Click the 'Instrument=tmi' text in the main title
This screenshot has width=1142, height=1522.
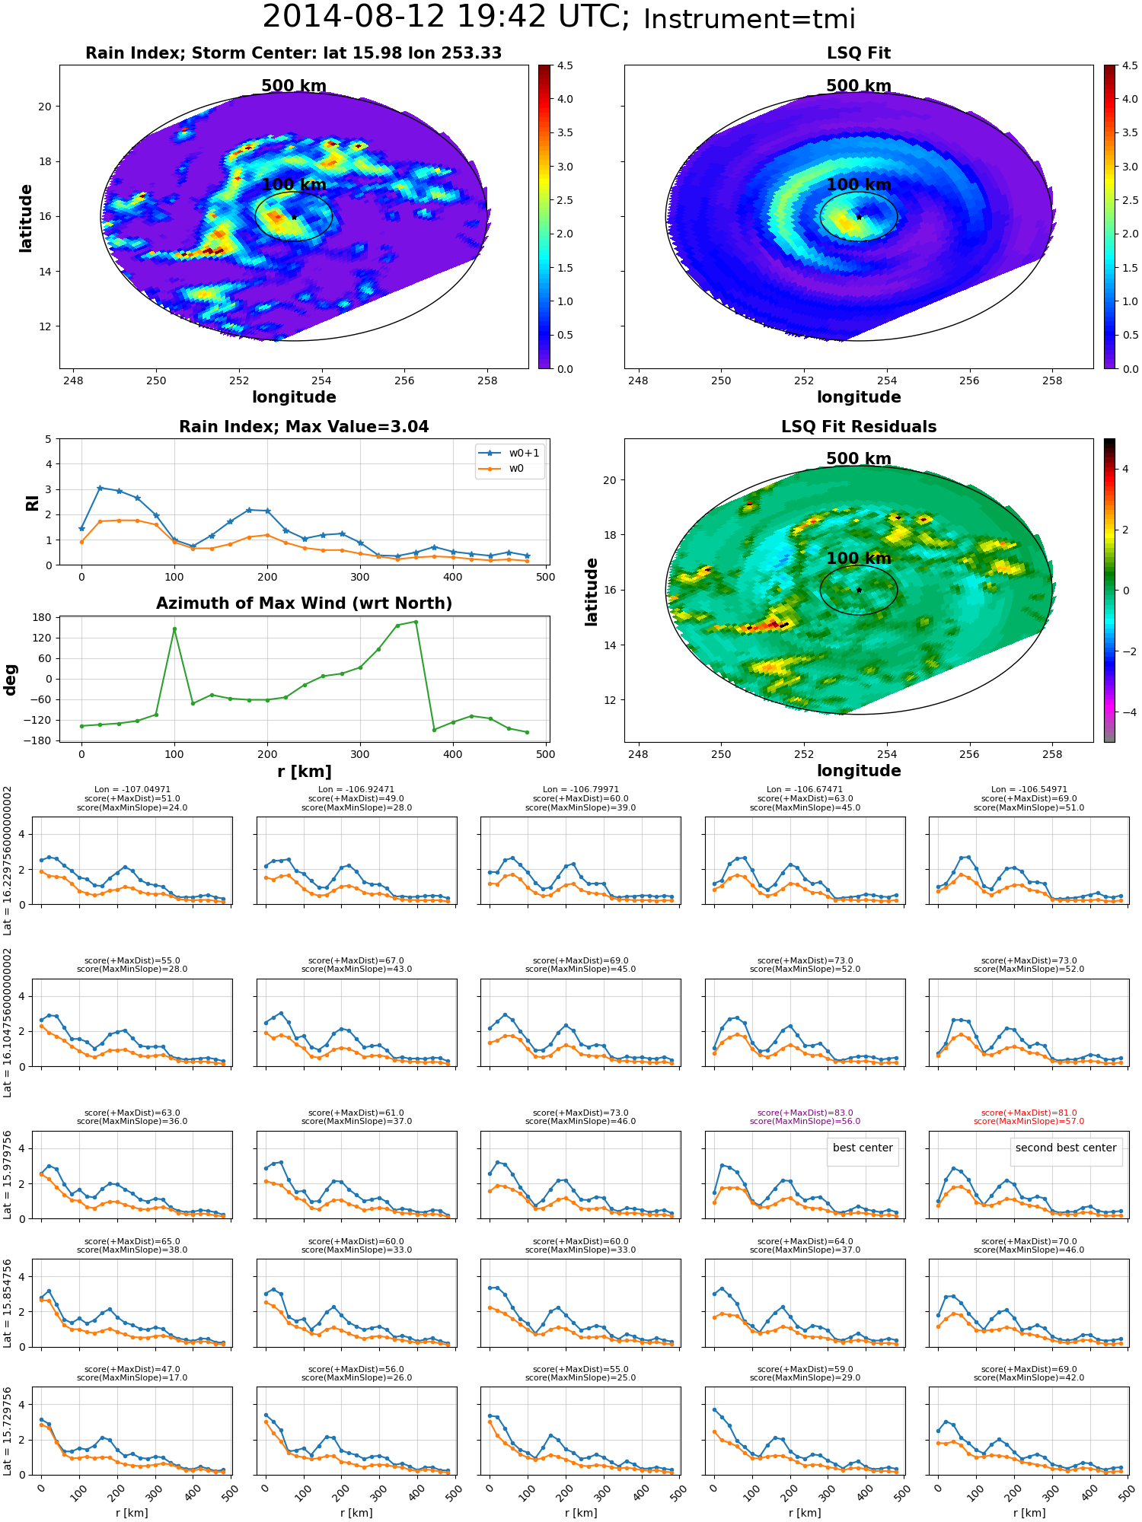tap(749, 19)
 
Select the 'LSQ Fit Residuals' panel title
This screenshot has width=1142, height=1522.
tap(859, 427)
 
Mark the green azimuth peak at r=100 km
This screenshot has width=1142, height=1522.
tap(174, 629)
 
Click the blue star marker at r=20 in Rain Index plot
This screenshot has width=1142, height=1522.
tap(100, 488)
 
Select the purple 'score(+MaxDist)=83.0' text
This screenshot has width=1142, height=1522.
tap(805, 1113)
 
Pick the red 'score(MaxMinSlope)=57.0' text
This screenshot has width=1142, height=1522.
tap(1029, 1122)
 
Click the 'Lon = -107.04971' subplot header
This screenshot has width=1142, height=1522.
tap(132, 789)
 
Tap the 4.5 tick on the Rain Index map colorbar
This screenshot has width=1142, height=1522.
tap(565, 65)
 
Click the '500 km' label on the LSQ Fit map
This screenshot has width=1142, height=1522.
tap(859, 86)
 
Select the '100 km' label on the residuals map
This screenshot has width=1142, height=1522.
tap(859, 559)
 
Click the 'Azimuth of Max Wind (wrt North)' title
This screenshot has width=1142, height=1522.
tap(304, 603)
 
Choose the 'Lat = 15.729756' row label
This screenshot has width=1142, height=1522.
tap(8, 1431)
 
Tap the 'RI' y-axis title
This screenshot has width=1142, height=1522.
tap(32, 503)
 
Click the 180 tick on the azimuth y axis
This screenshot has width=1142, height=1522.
tap(43, 617)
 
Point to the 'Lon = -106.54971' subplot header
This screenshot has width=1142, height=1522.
tap(1029, 789)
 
